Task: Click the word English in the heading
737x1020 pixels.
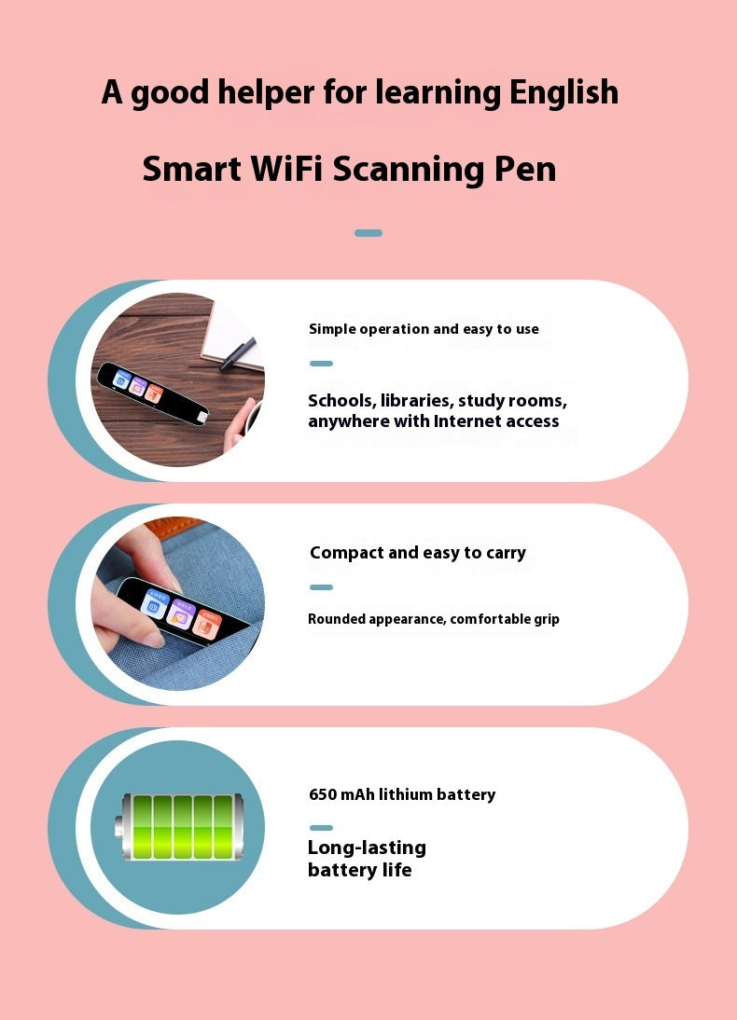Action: (x=563, y=93)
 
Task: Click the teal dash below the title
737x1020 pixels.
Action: (x=368, y=233)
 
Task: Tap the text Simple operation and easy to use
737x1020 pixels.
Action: (x=424, y=329)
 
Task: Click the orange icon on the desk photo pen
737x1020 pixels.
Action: (x=156, y=393)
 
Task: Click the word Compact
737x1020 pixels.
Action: (x=346, y=553)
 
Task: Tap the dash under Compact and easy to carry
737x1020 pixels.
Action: (x=321, y=587)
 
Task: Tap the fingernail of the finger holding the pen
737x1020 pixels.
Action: (x=152, y=640)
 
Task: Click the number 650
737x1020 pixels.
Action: (x=323, y=795)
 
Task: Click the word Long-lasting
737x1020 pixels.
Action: (x=367, y=848)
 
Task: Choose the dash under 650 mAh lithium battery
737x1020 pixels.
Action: (x=321, y=828)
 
